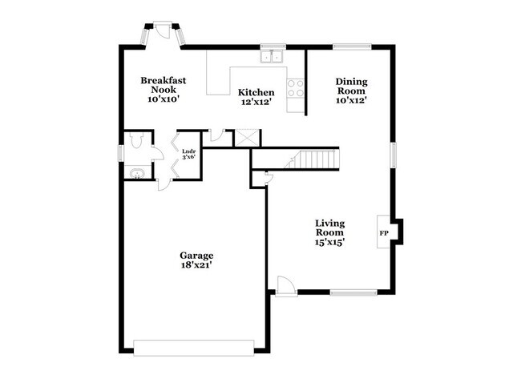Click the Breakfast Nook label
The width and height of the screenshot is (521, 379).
pos(164,85)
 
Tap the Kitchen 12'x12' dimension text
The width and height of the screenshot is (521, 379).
pos(256,103)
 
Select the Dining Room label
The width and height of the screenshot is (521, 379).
pos(352,86)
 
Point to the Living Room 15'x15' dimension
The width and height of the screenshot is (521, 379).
pos(329,242)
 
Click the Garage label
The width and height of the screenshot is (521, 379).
pos(196,256)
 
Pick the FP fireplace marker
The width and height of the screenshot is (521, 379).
pos(384,233)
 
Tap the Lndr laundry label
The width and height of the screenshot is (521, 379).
pos(188,151)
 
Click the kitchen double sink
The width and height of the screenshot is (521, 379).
pos(272,57)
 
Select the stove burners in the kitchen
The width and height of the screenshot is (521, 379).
pos(296,88)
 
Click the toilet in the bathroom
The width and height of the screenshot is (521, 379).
pos(136,140)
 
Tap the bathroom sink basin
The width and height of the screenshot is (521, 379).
pos(136,173)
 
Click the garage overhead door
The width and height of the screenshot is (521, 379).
pos(194,348)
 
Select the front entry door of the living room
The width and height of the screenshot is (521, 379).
pos(286,285)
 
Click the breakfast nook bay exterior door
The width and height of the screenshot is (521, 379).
pos(163,30)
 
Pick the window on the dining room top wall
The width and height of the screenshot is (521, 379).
pos(352,46)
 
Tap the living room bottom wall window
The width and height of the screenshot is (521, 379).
pos(353,292)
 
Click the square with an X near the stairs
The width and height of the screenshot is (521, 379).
pos(247,138)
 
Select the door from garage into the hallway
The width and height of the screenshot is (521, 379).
pos(164,184)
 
